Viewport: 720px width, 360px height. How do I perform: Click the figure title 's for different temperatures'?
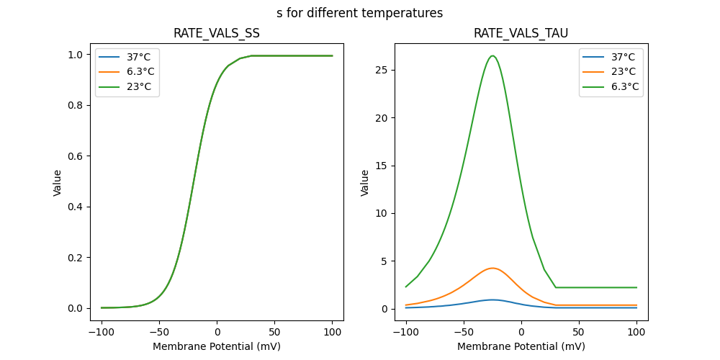point(359,13)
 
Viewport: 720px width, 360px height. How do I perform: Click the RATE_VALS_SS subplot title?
point(217,34)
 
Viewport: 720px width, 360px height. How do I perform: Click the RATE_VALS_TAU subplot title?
point(521,34)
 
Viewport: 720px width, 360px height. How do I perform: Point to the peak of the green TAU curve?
point(492,55)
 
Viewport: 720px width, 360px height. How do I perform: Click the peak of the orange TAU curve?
point(492,268)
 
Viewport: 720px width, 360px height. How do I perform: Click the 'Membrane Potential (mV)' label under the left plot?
point(217,346)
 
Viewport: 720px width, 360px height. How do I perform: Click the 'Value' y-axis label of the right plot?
point(365,182)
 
